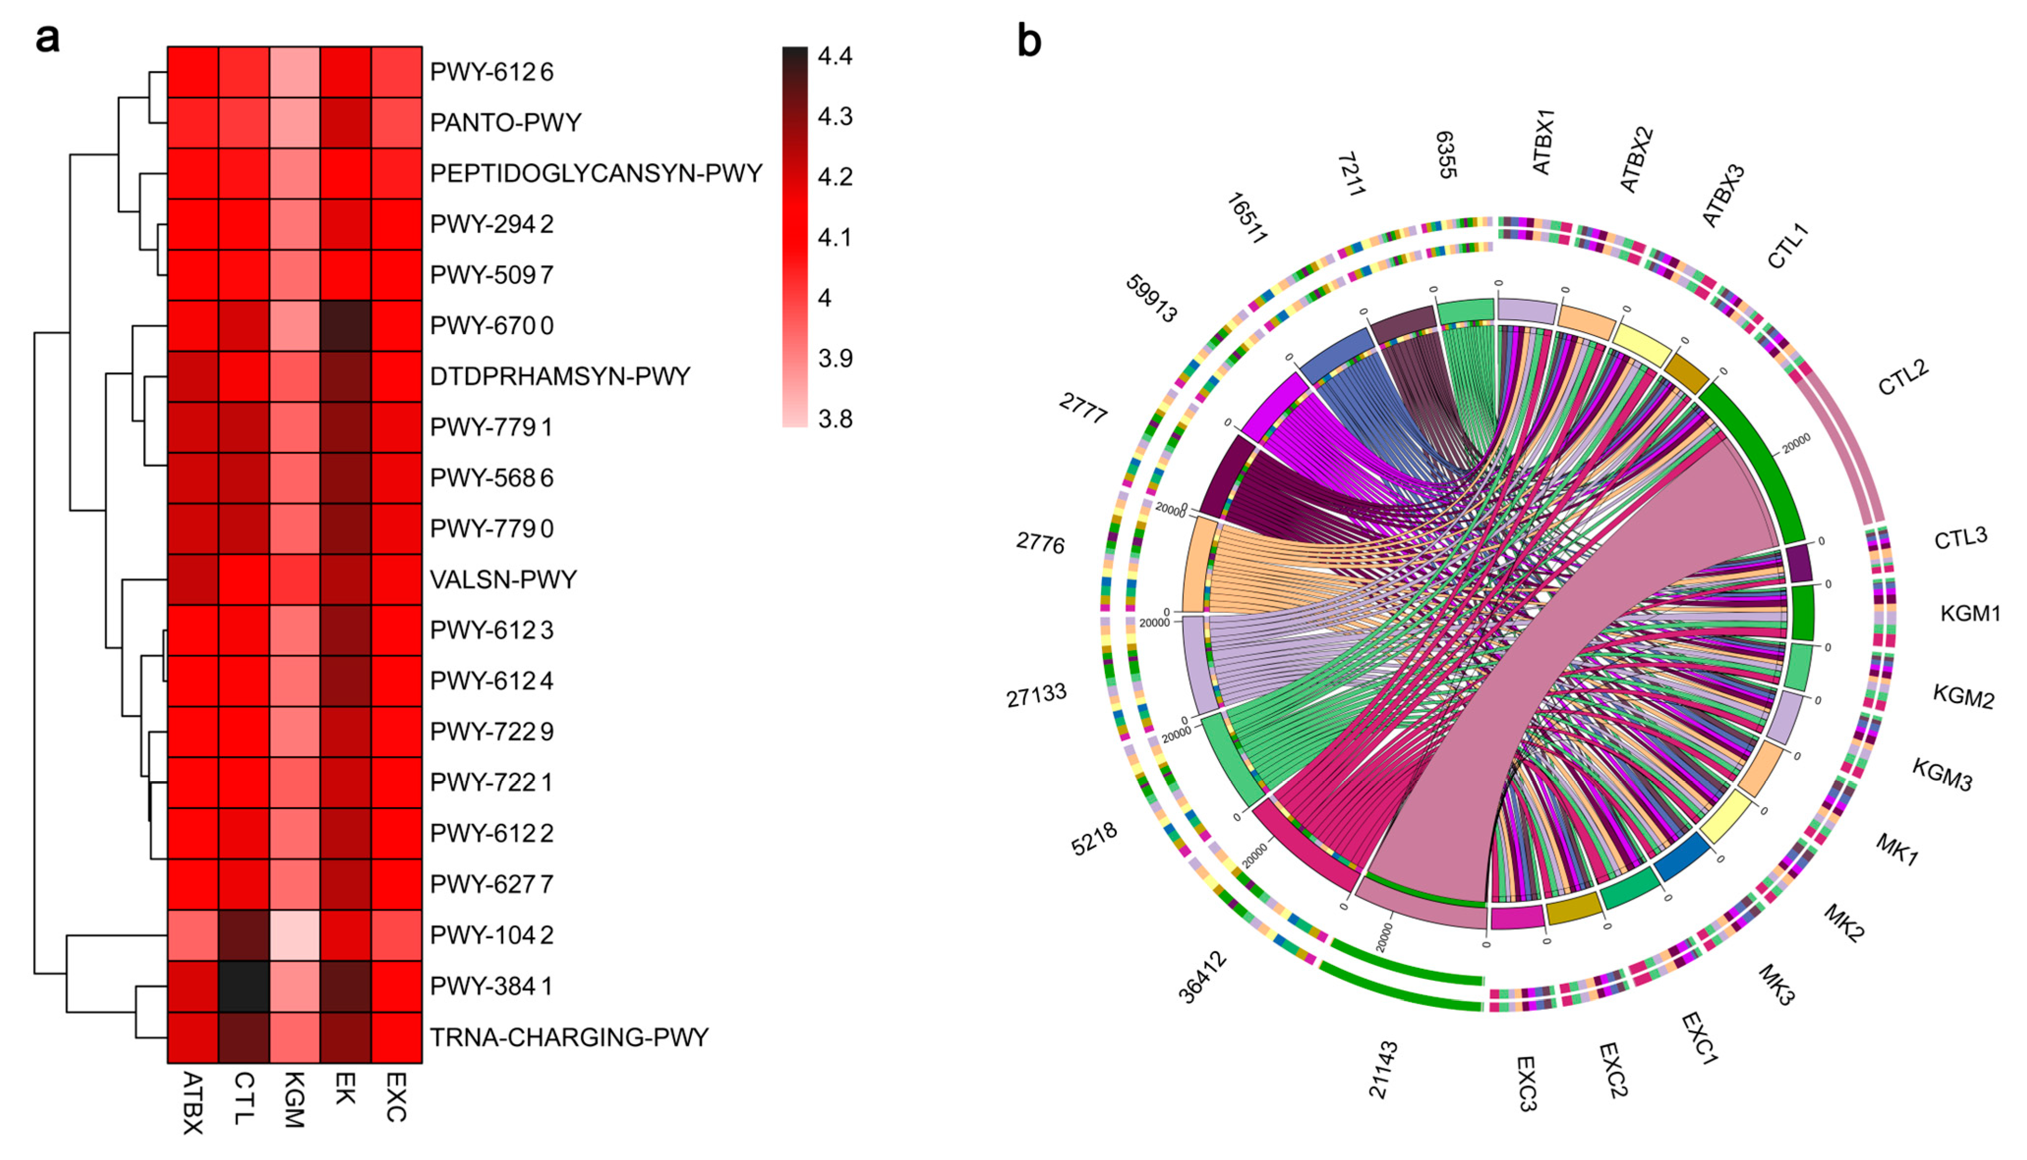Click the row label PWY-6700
coord(491,326)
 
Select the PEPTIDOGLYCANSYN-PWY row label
coord(595,174)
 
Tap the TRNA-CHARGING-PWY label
coord(568,1037)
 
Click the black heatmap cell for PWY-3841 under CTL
coord(244,986)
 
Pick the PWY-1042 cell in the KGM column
coord(295,935)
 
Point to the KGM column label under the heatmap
coord(293,1100)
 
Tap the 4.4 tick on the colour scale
coord(835,57)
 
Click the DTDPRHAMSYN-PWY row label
coord(559,377)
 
